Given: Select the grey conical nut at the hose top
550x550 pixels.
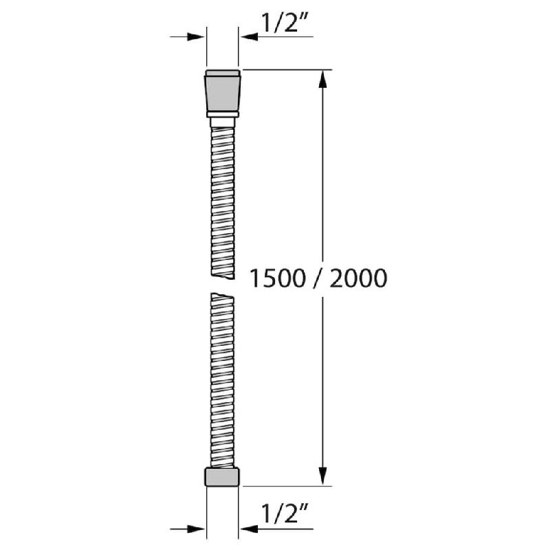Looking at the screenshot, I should pos(222,91).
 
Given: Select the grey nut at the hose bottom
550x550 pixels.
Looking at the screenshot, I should pos(222,476).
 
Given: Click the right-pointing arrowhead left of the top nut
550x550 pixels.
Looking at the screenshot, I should pos(199,37).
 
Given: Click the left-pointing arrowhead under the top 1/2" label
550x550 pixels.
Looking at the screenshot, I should pos(245,37).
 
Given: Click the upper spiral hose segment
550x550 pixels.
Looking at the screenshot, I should pos(222,199).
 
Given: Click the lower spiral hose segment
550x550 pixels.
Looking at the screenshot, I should pos(222,378).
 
